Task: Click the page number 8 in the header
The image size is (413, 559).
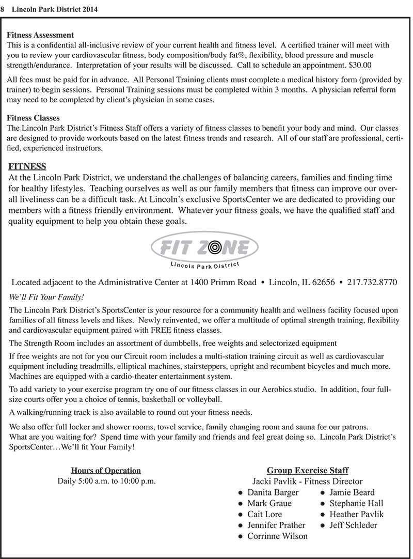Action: [x=3, y=9]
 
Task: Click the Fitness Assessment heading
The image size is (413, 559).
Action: [x=40, y=35]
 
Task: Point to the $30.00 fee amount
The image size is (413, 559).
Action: [x=360, y=65]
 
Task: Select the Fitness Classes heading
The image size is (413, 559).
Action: [x=33, y=118]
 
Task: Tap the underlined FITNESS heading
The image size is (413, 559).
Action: [x=27, y=166]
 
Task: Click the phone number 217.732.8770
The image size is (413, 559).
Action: [x=372, y=282]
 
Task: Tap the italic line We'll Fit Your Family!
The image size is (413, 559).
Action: [x=46, y=298]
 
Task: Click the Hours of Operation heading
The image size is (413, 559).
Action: [x=106, y=470]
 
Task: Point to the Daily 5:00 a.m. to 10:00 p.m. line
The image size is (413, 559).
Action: [x=106, y=481]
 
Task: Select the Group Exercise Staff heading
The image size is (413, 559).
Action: [x=307, y=470]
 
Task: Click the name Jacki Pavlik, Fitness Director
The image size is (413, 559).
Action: [x=307, y=482]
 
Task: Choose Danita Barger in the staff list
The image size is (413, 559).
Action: [x=273, y=492]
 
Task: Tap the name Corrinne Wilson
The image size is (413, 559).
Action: [x=277, y=536]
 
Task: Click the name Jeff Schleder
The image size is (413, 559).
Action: [x=353, y=525]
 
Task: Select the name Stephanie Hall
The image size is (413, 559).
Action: [x=356, y=503]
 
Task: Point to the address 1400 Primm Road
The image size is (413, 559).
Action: [x=223, y=282]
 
